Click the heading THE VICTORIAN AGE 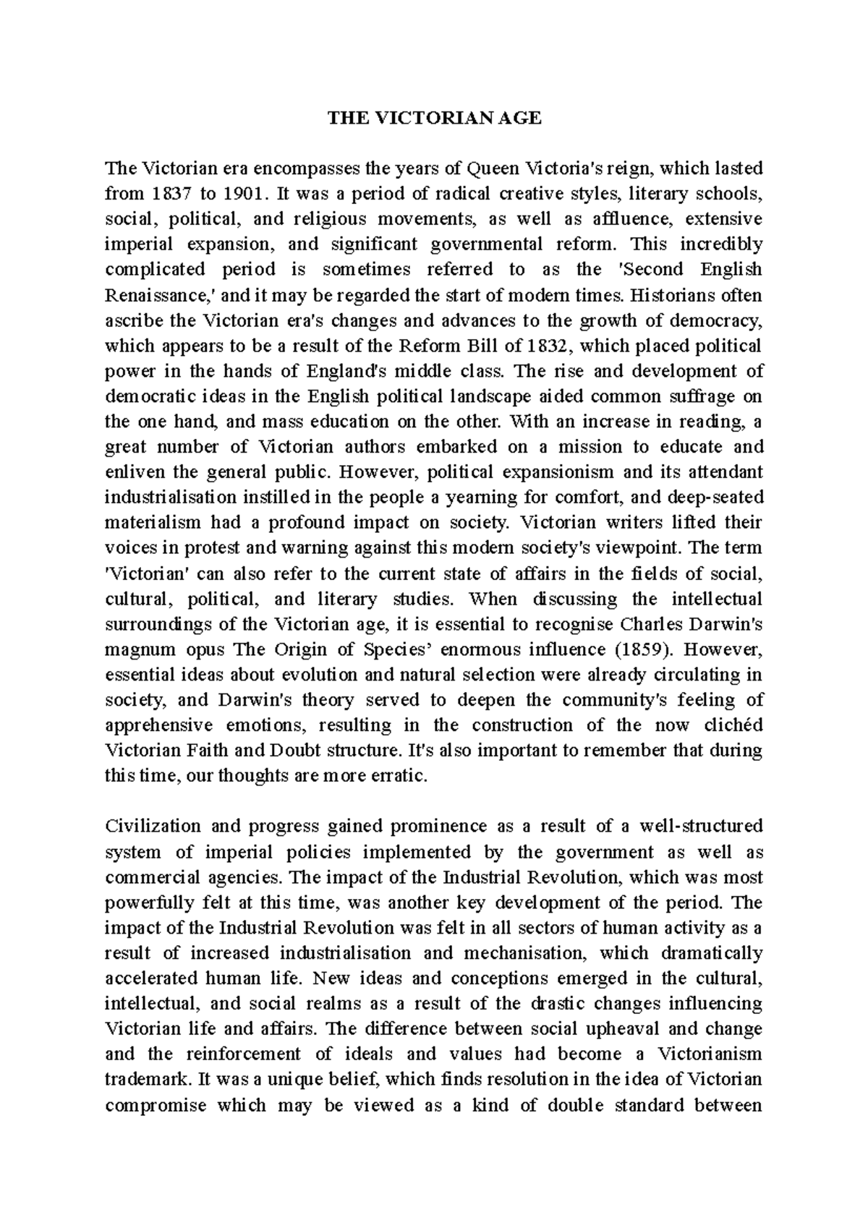pos(434,119)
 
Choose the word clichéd pos(731,725)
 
